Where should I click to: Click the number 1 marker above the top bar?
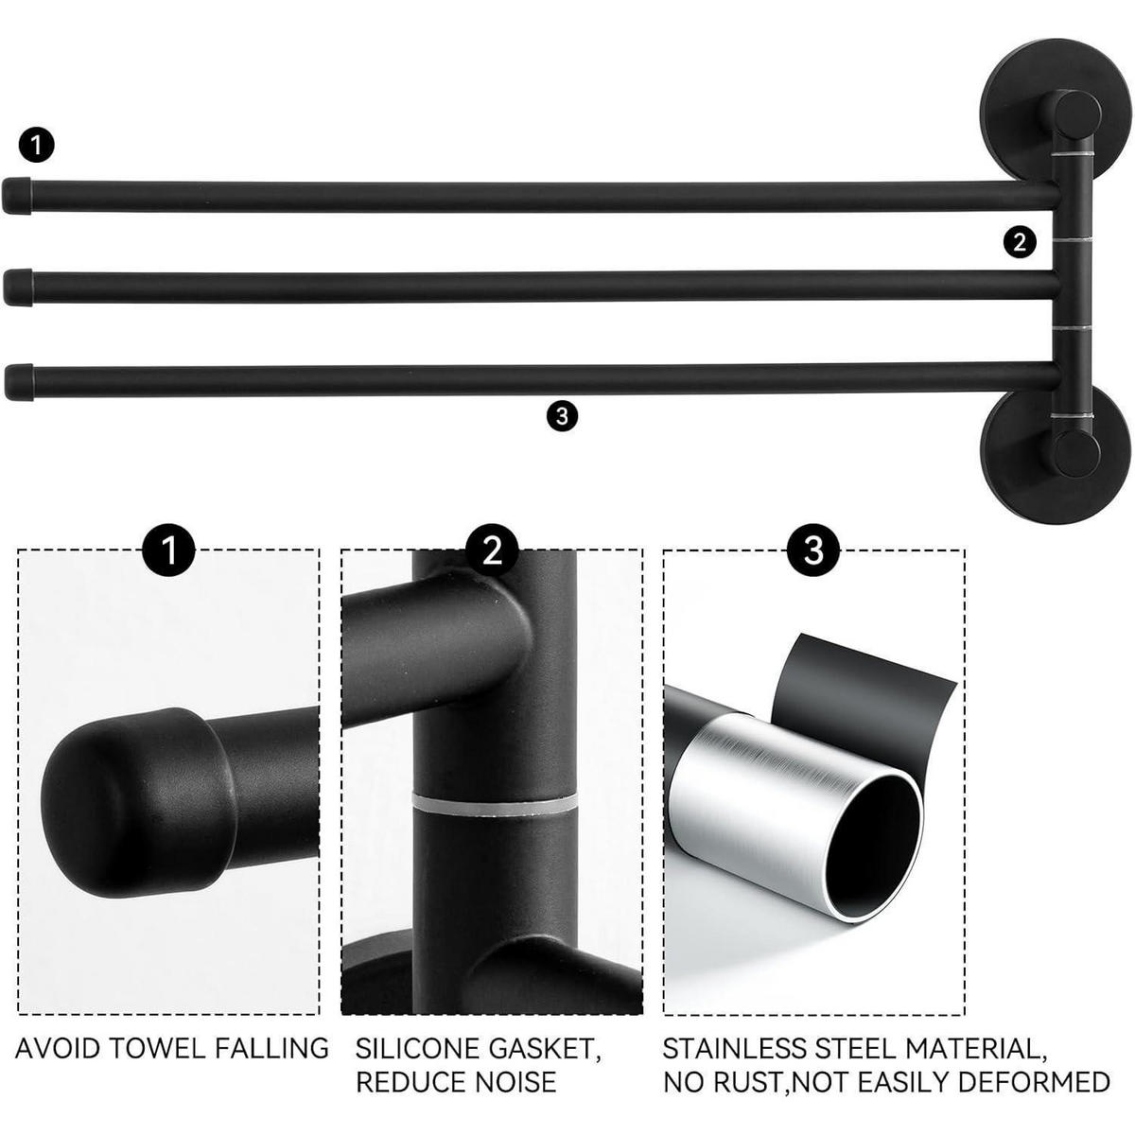tap(37, 145)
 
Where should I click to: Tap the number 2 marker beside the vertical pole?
tap(1020, 241)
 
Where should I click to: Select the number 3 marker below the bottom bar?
tap(562, 416)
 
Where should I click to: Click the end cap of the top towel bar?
tap(17, 195)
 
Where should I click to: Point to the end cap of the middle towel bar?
tap(18, 287)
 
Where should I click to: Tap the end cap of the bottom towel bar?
tap(19, 382)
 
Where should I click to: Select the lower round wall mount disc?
tap(1055, 457)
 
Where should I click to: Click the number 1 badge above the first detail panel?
tap(169, 550)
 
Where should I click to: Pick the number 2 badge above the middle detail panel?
tap(492, 550)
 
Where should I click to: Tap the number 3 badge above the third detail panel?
tap(814, 550)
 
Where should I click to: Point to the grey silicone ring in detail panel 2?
tap(494, 803)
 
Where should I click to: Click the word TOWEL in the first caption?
tap(159, 1049)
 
